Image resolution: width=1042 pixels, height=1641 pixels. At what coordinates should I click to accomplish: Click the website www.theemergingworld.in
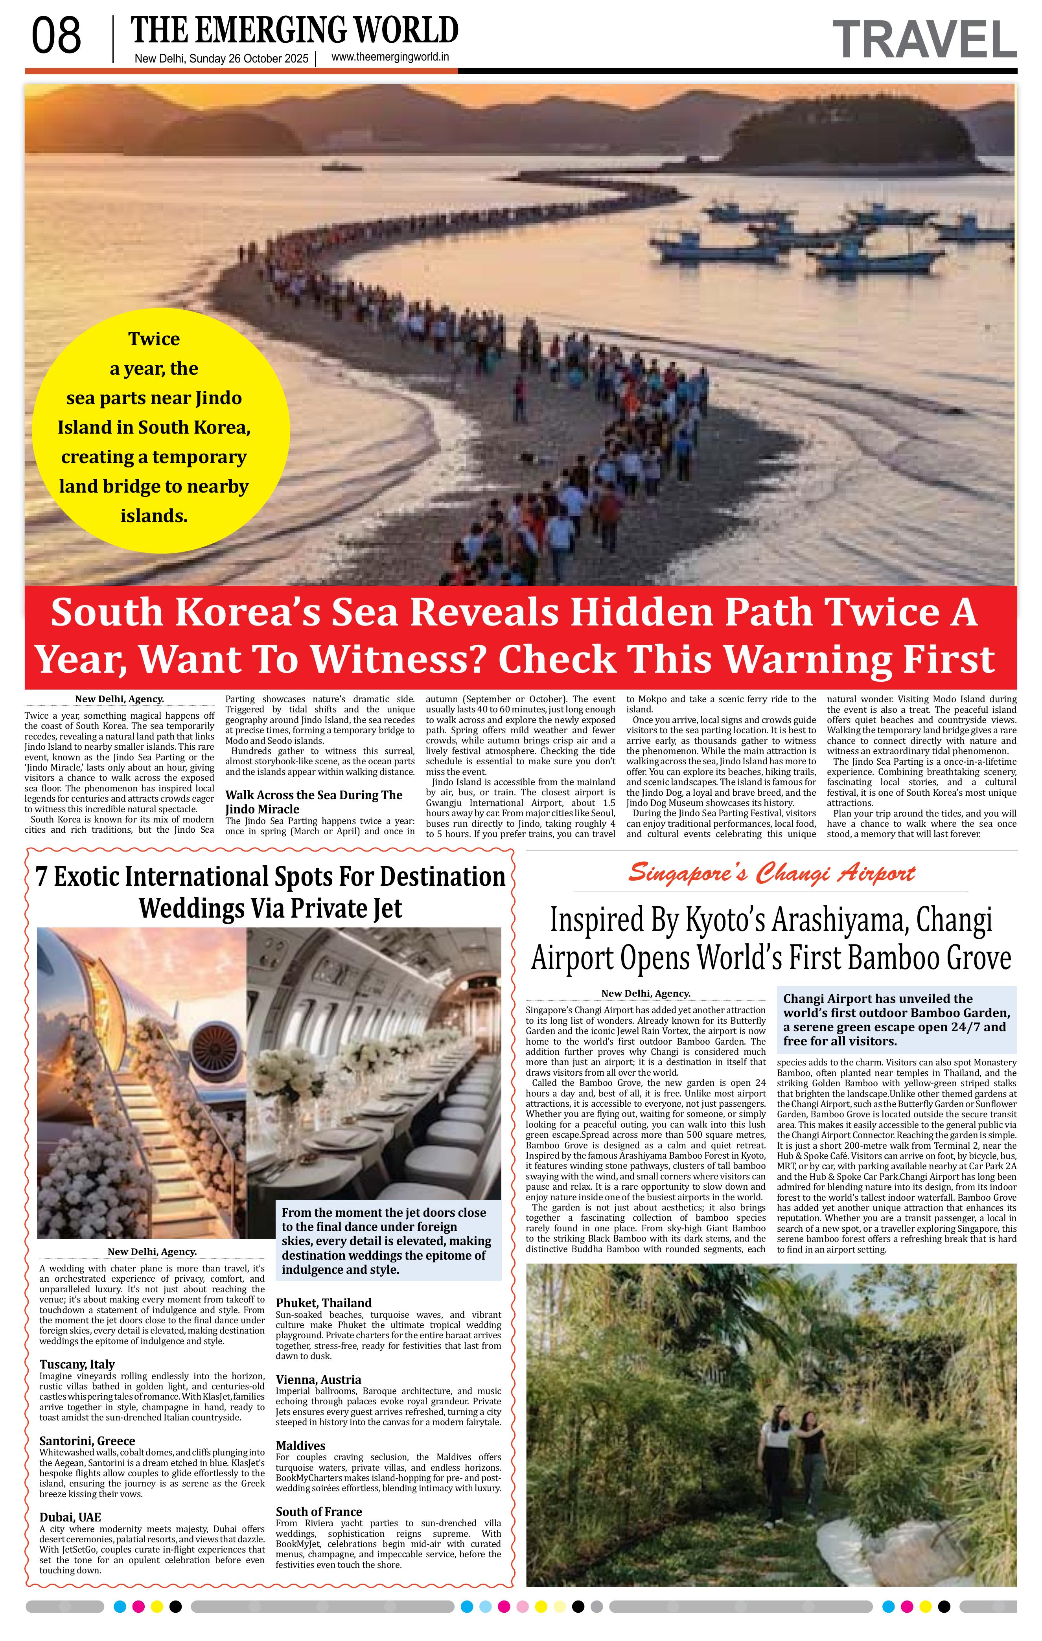[390, 57]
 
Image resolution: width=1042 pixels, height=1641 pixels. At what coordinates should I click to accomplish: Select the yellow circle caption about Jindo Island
[154, 427]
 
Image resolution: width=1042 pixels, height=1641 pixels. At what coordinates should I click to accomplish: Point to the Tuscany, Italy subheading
[77, 1364]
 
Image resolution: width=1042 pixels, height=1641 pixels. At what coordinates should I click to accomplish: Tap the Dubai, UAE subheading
[70, 1518]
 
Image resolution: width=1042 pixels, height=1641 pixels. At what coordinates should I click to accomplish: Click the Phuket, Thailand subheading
[324, 1303]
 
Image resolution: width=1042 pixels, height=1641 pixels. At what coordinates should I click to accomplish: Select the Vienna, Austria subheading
[318, 1380]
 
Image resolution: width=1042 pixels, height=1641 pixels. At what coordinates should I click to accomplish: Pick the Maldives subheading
[300, 1446]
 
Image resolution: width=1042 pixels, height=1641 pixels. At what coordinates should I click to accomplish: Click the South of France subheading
[319, 1512]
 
